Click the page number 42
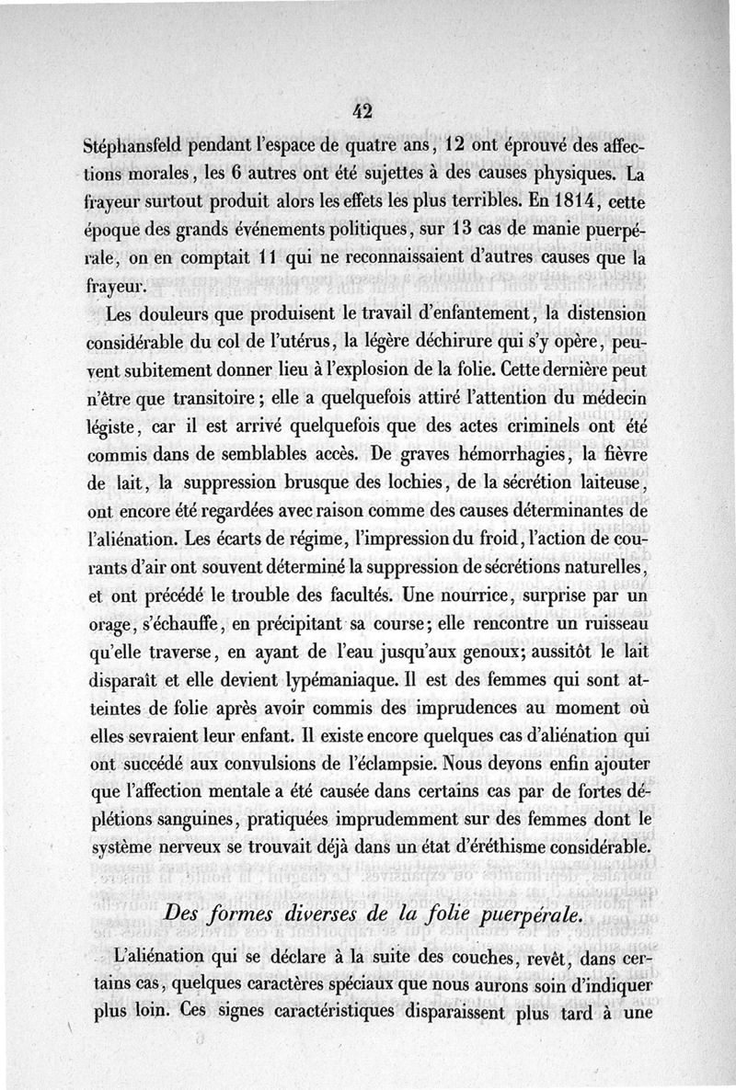pyautogui.click(x=361, y=111)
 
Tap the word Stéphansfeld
pyautogui.click(x=138, y=147)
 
